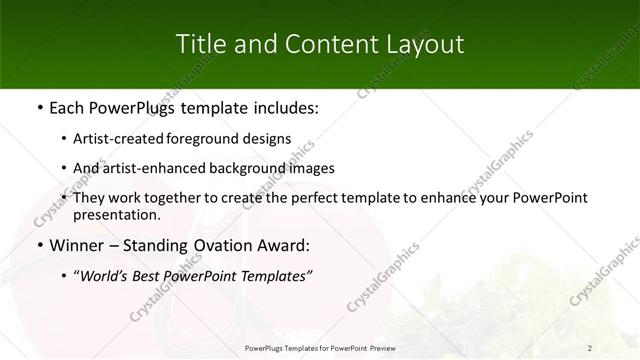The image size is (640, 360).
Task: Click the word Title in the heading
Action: coord(198,44)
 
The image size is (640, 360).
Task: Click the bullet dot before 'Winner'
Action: coord(39,245)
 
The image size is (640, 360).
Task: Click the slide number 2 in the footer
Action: coord(590,347)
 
